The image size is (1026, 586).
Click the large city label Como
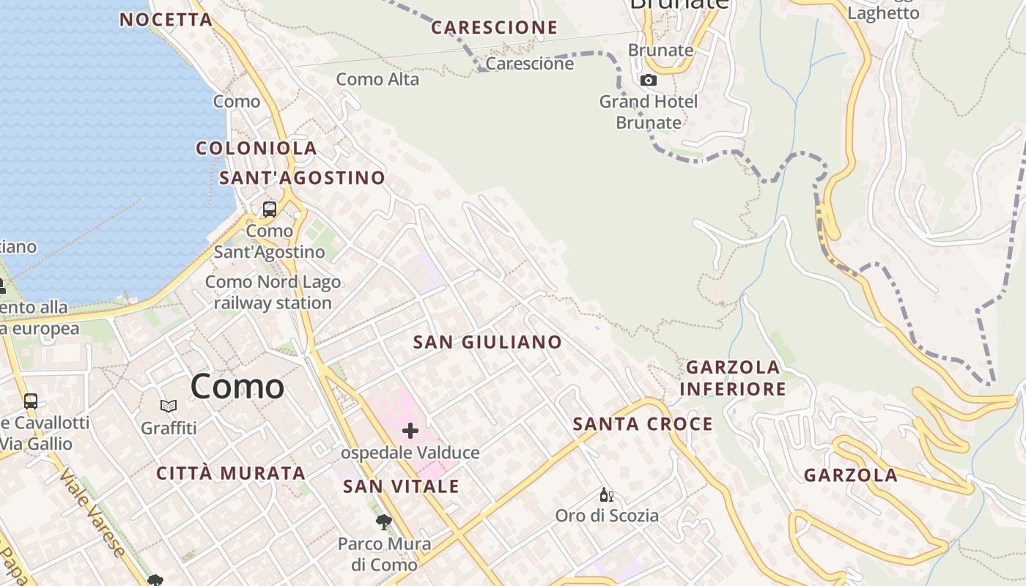237,387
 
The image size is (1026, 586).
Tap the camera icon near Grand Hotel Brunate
649,80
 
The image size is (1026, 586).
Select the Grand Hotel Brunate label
649,112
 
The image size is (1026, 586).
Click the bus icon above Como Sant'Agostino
270,209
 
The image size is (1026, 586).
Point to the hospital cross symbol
410,431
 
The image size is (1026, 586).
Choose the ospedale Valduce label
410,453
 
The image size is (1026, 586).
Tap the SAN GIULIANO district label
487,342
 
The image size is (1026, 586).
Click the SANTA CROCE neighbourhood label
643,424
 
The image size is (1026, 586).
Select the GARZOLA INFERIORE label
732,378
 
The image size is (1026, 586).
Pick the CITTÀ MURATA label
231,473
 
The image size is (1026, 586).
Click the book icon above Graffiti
169,406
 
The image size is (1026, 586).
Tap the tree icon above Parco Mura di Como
383,522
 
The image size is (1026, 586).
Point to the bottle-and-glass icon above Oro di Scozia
606,495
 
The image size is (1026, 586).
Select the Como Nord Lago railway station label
273,292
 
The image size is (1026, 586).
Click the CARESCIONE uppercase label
494,28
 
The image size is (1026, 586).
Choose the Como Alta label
377,79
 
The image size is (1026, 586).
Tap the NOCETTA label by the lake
166,20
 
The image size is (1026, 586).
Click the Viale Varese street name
93,513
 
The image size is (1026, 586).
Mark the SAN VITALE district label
401,486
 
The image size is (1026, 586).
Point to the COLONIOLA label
256,148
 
